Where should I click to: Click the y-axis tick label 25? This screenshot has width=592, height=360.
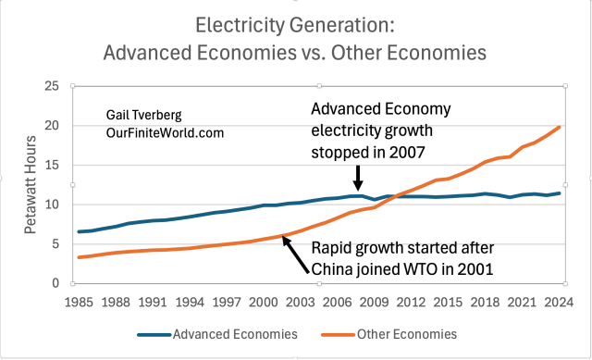(x=51, y=86)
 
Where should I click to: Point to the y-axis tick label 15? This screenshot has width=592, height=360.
(x=51, y=165)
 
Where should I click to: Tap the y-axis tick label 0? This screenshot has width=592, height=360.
(x=55, y=283)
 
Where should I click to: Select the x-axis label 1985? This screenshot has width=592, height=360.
(x=80, y=301)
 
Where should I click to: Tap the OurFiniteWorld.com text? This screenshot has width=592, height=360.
(x=163, y=133)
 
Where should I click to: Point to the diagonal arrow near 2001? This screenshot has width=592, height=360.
(x=297, y=254)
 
